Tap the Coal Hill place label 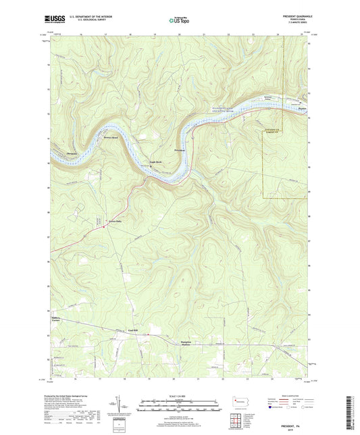132,330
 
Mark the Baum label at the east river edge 302,106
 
